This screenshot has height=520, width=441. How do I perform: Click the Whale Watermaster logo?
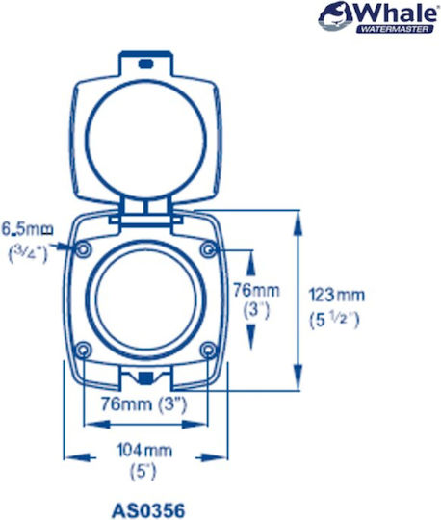[x=377, y=17]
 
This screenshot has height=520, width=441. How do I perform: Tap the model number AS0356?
[x=148, y=510]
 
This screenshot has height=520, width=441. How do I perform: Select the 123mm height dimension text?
[x=337, y=295]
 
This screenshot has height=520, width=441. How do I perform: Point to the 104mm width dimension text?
[x=144, y=451]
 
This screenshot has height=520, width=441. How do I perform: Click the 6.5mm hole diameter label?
[x=28, y=229]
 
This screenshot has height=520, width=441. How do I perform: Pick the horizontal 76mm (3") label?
[x=143, y=404]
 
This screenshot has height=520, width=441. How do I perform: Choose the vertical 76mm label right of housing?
[x=256, y=291]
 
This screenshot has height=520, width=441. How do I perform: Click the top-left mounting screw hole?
[x=83, y=249]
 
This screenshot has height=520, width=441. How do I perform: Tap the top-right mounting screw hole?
[x=208, y=249]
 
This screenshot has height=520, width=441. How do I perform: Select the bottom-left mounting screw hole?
[x=83, y=350]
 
